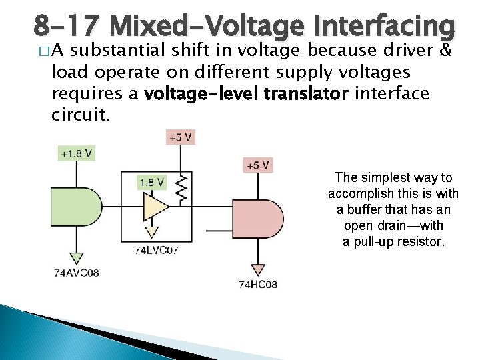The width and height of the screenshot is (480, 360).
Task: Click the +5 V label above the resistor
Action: (179, 137)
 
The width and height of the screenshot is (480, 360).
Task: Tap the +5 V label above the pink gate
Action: (259, 165)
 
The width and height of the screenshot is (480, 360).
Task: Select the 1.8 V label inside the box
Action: (152, 181)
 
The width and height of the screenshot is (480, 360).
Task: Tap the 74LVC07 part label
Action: (156, 251)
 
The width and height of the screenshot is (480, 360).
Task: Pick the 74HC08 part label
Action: (258, 285)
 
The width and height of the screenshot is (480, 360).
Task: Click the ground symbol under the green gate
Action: (76, 257)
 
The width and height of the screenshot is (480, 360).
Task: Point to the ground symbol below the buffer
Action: (152, 232)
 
